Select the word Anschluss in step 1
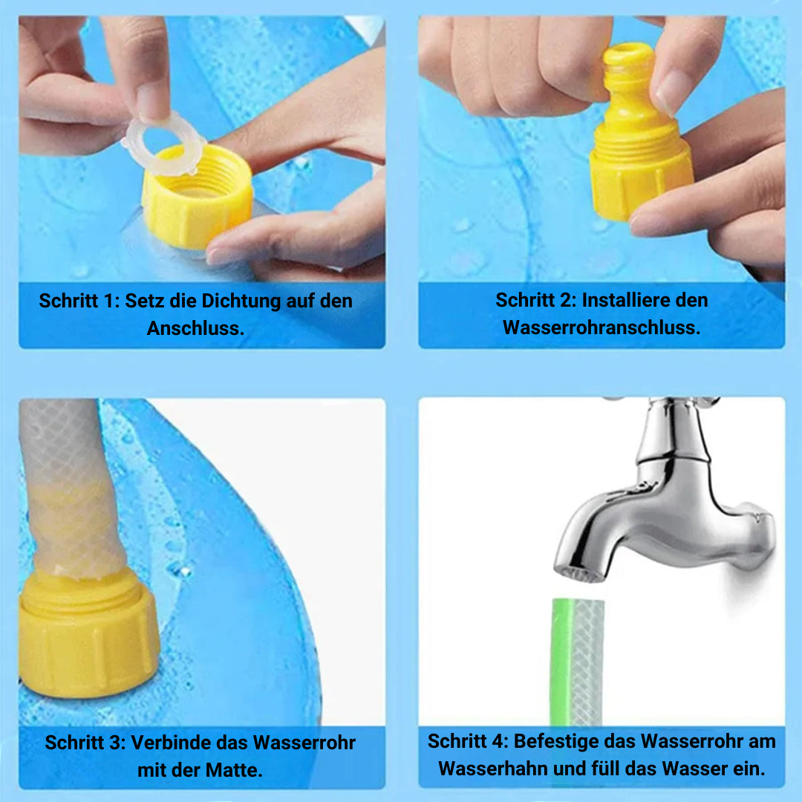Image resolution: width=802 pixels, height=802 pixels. [195, 328]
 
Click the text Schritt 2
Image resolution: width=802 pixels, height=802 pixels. [535, 301]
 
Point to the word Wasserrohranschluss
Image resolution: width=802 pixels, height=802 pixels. [601, 327]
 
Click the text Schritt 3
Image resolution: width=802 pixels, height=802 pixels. [83, 743]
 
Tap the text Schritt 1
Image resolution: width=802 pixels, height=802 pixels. [78, 301]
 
